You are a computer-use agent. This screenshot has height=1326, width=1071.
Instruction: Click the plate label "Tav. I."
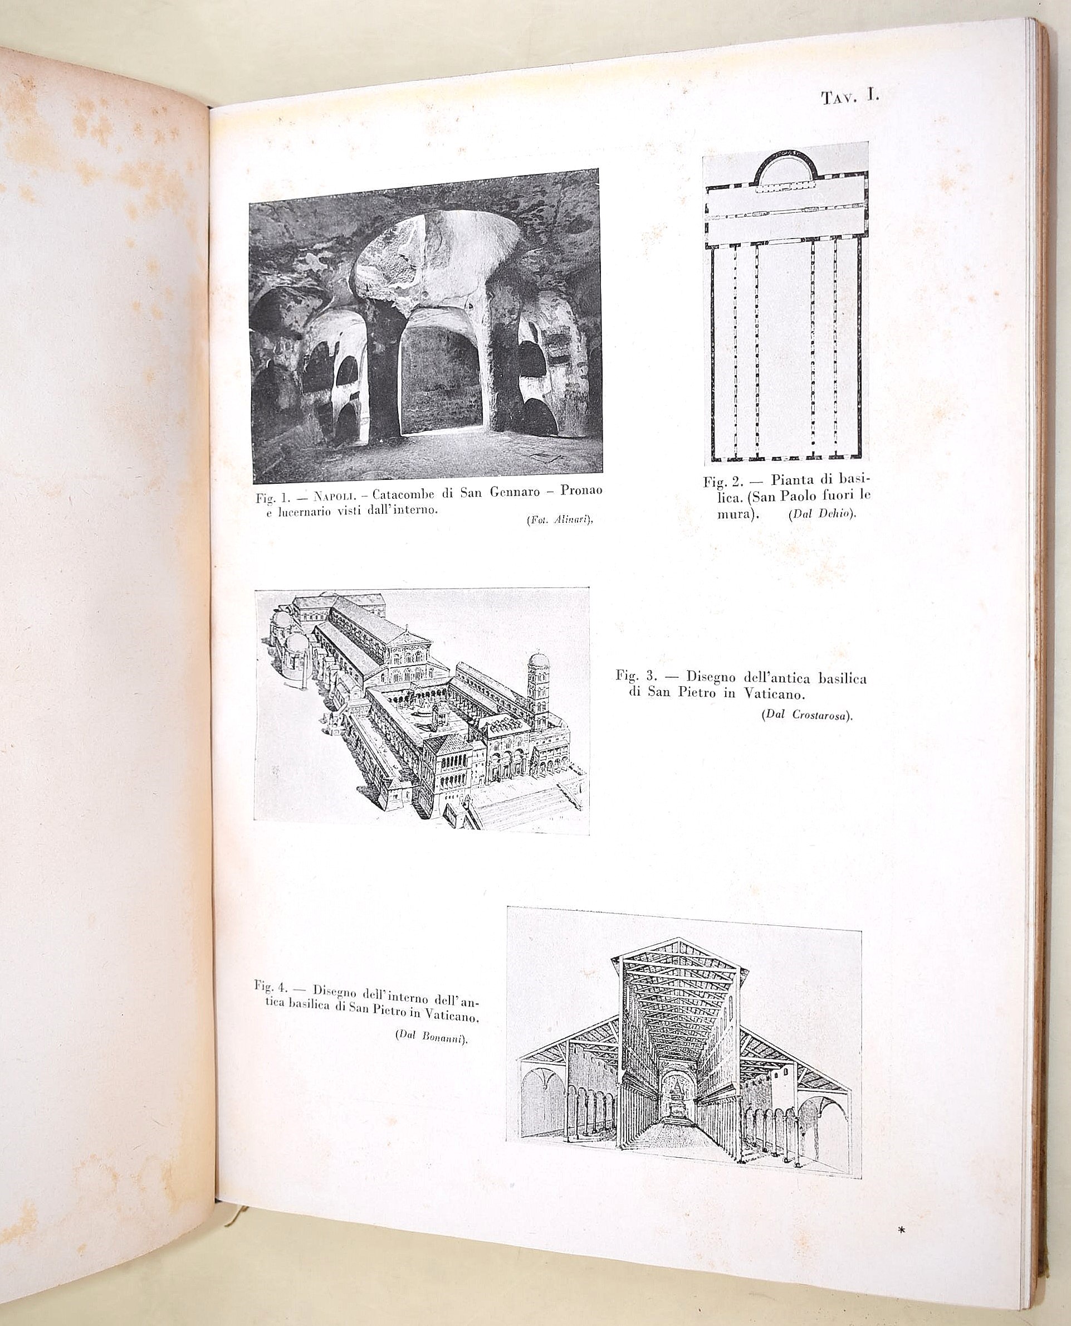tap(849, 98)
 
